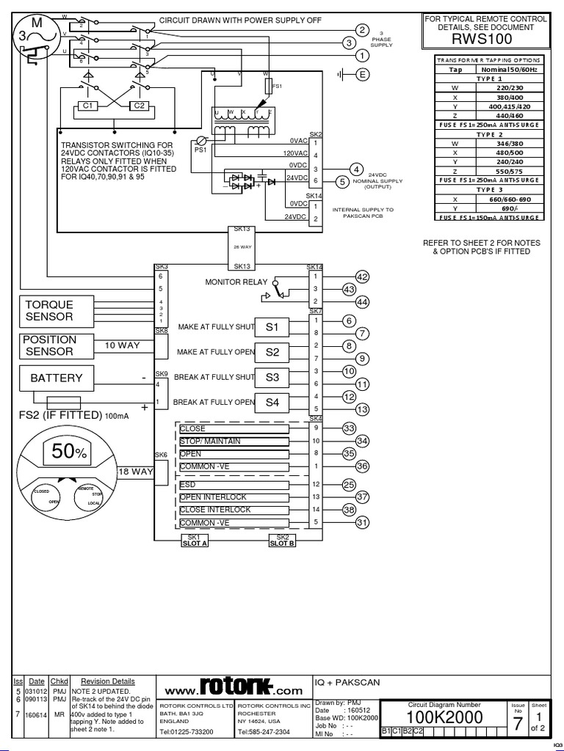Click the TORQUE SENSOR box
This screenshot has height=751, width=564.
click(57, 311)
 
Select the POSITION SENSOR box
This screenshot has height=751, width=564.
click(57, 345)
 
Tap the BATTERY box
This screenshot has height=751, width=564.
click(57, 378)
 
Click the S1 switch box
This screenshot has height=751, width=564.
click(272, 326)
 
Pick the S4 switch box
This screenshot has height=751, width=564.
click(272, 402)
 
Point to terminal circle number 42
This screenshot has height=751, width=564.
click(361, 276)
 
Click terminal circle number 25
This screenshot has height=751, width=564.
click(349, 485)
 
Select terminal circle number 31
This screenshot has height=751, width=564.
click(361, 522)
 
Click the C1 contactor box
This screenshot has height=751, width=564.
click(90, 106)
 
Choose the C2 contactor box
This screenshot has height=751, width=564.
click(138, 106)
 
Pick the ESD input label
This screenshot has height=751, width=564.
click(188, 485)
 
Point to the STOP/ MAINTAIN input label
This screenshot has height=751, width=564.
click(210, 441)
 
